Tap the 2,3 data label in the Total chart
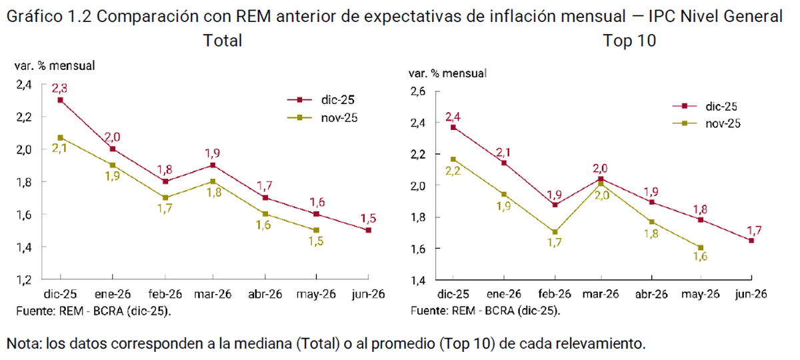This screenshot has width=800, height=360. tap(60, 87)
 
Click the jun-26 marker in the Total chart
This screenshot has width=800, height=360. tap(368, 230)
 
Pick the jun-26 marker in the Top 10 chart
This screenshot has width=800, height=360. tap(752, 240)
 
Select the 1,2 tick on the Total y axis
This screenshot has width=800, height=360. tap(24, 279)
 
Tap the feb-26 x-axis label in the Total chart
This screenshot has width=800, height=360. tap(163, 294)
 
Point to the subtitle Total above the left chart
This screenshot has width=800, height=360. tap(222, 41)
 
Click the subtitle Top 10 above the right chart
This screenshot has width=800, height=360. tap(630, 41)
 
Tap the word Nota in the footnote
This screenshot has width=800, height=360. tap(23, 344)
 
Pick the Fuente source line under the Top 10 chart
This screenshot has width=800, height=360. tap(485, 311)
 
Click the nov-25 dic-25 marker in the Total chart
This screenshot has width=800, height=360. tap(60, 137)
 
